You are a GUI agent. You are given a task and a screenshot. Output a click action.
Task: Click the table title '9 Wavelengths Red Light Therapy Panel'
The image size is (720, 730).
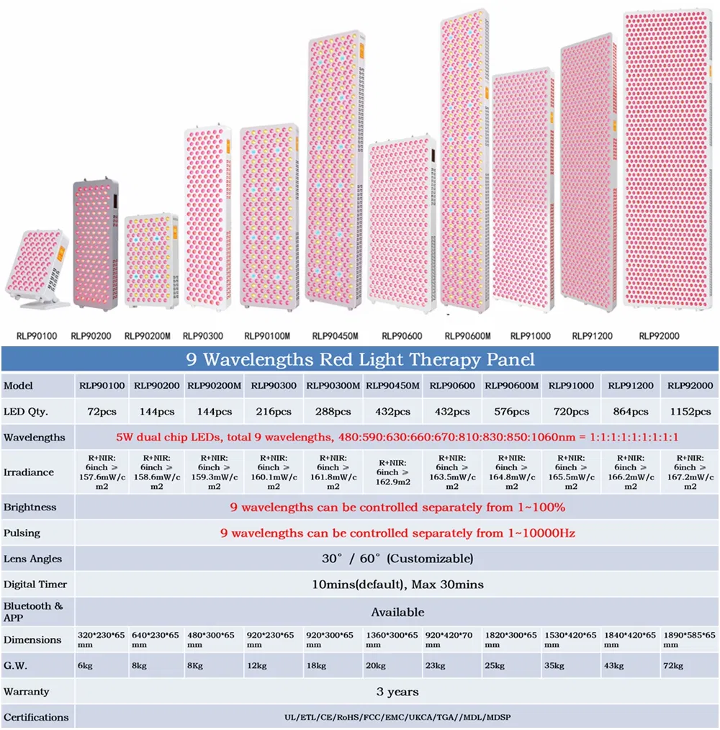[360, 359]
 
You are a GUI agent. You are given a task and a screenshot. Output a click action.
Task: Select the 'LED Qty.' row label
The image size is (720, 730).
[26, 412]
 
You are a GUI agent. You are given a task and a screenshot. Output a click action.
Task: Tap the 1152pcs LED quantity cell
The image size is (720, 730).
[690, 412]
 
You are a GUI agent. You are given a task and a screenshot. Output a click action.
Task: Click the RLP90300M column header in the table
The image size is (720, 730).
[333, 386]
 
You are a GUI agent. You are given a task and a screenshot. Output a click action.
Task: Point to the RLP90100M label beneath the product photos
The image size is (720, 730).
[267, 335]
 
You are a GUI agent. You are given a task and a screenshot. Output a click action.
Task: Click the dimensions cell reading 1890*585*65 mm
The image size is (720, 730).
[689, 640]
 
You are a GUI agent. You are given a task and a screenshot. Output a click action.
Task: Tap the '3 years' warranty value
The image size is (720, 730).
[397, 692]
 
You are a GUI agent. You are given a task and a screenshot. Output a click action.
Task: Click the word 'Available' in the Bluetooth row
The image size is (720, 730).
[397, 613]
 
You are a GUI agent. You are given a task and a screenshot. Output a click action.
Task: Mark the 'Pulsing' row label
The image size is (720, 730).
[22, 533]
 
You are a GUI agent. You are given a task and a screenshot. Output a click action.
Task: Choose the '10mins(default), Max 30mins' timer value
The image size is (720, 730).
[397, 585]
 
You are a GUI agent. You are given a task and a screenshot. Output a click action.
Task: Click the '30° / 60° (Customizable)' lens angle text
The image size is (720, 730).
[397, 559]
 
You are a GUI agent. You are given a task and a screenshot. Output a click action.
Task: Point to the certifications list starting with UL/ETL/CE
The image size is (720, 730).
[397, 718]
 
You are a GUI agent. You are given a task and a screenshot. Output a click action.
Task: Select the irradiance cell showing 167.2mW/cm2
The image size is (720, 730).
[690, 472]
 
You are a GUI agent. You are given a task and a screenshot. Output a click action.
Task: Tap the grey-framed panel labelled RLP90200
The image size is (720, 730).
[95, 245]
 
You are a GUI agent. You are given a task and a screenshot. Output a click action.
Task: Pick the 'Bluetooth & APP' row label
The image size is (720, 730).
[33, 612]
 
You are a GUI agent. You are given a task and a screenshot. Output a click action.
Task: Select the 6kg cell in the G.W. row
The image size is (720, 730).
[85, 666]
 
